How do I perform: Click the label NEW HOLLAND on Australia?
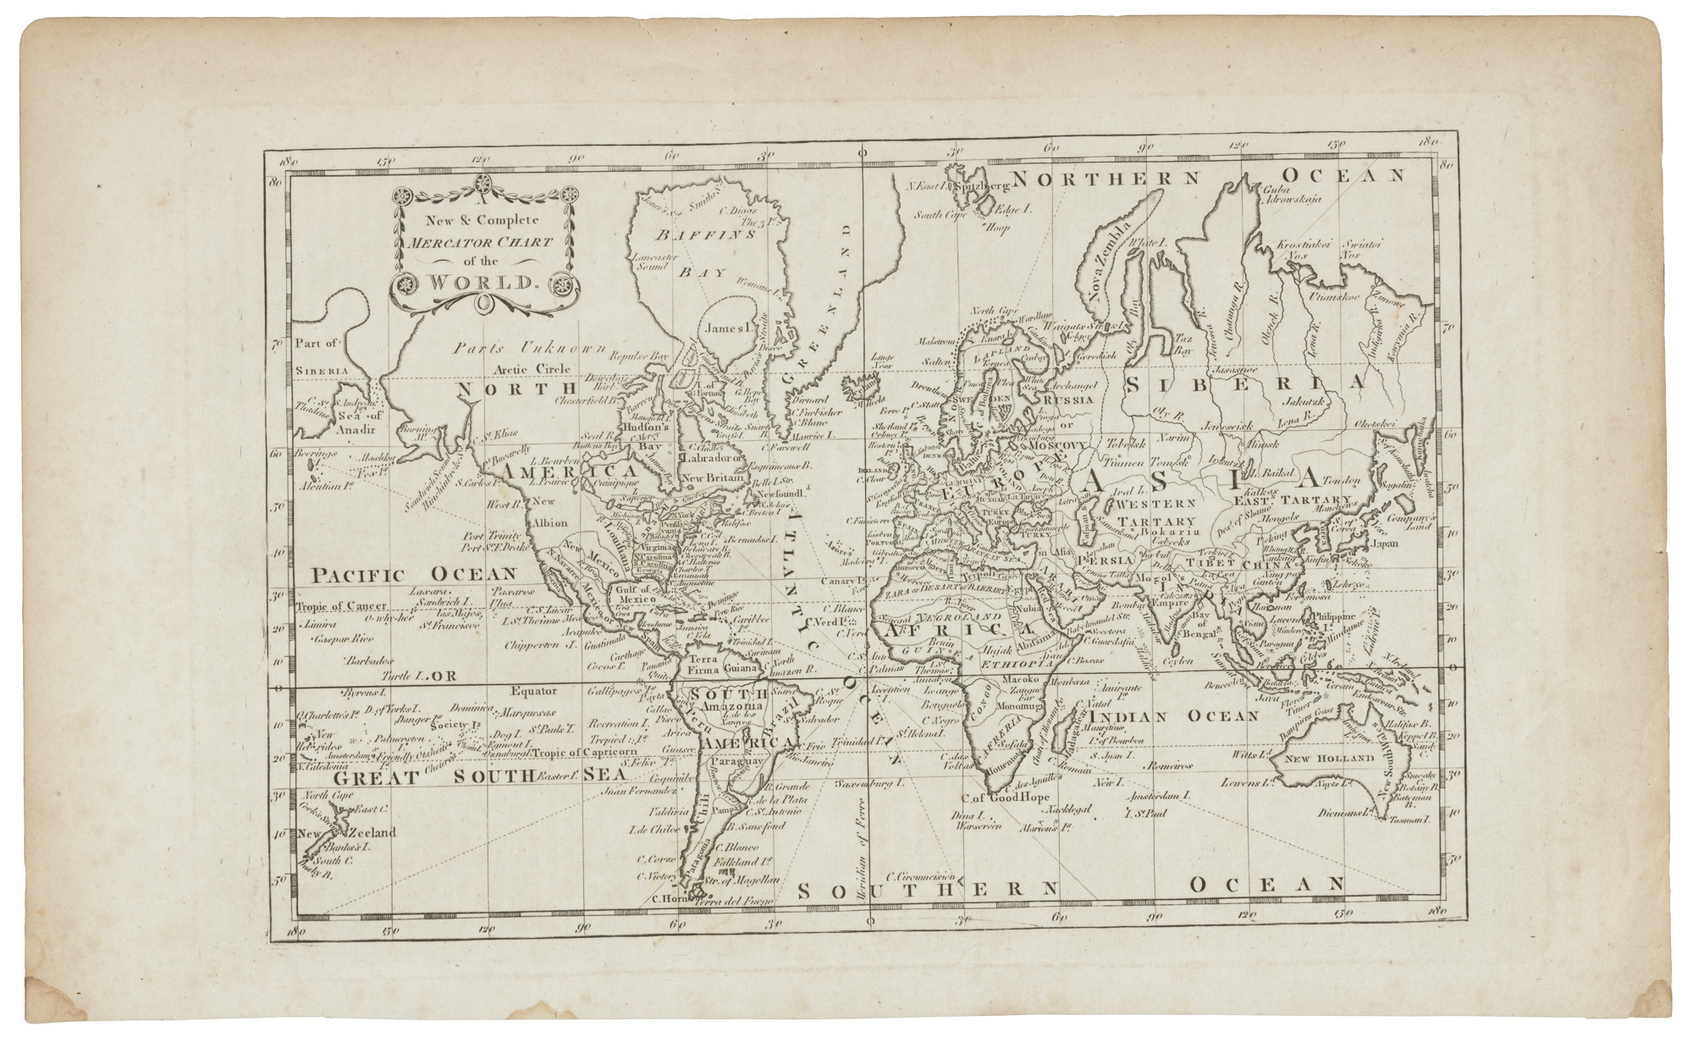pyautogui.click(x=1322, y=759)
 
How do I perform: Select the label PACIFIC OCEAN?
pyautogui.click(x=413, y=576)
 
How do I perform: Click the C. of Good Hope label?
pyautogui.click(x=1005, y=797)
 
